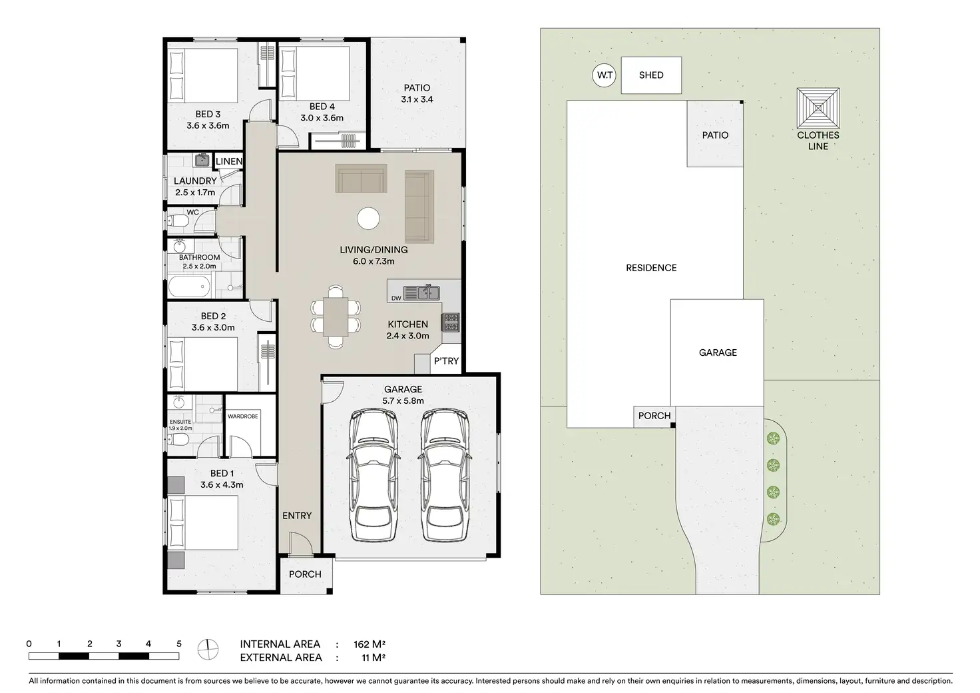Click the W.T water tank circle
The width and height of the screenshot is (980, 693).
pyautogui.click(x=605, y=75)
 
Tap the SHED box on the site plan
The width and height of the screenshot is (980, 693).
pyautogui.click(x=651, y=75)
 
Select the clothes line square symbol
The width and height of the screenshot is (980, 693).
pyautogui.click(x=818, y=108)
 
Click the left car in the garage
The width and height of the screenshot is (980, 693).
pyautogui.click(x=373, y=475)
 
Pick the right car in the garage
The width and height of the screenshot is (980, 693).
pyautogui.click(x=445, y=475)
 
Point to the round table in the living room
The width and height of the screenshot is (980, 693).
pyautogui.click(x=368, y=219)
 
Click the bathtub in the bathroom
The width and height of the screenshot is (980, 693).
pyautogui.click(x=189, y=287)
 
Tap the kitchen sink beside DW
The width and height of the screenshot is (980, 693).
pyautogui.click(x=421, y=293)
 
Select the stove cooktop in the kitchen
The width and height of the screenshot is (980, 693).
pyautogui.click(x=451, y=323)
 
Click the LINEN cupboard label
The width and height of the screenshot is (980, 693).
pyautogui.click(x=229, y=161)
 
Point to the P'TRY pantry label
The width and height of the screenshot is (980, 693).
pyautogui.click(x=446, y=360)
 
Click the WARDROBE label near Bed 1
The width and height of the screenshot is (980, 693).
pyautogui.click(x=243, y=416)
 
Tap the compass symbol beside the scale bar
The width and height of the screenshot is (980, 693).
pyautogui.click(x=208, y=649)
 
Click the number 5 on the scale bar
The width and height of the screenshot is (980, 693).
pyautogui.click(x=179, y=644)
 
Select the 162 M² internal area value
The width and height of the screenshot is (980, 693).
pyautogui.click(x=369, y=644)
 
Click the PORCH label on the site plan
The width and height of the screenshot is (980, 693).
pyautogui.click(x=654, y=415)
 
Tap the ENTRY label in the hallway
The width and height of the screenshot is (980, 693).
pyautogui.click(x=297, y=516)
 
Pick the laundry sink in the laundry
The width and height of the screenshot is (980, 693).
pyautogui.click(x=201, y=160)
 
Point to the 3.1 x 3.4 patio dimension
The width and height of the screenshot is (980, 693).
pyautogui.click(x=417, y=99)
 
